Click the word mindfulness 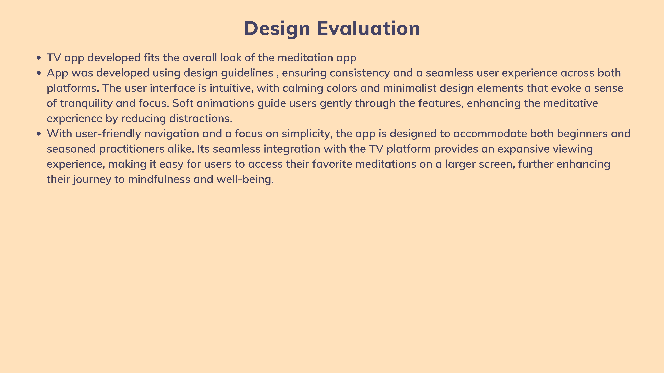tap(159, 179)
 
